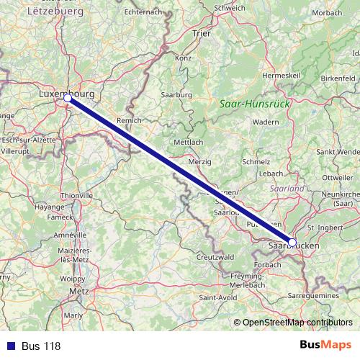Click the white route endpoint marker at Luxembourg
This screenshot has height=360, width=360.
(67, 97)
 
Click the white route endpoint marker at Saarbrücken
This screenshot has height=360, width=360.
(292, 243)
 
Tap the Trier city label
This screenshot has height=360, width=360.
(201, 33)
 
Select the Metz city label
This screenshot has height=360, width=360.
(78, 292)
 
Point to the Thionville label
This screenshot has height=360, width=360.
(76, 195)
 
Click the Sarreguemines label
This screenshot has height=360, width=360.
(323, 295)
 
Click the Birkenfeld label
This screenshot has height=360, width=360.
(338, 77)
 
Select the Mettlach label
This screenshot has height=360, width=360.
(189, 142)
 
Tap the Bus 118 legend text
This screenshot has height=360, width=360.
(41, 346)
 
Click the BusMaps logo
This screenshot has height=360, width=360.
(325, 346)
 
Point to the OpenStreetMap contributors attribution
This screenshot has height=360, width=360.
(297, 323)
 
